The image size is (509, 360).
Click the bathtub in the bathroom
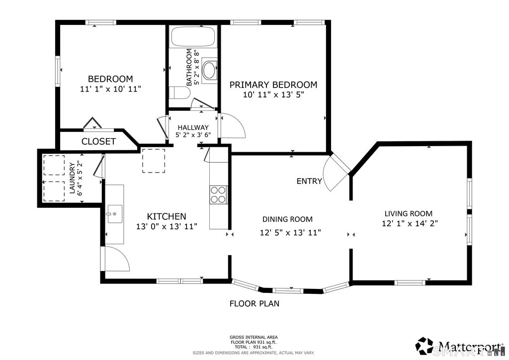coord(193,36)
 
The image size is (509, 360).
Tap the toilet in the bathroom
coord(179,93)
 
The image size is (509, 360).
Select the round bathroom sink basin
coord(209,70)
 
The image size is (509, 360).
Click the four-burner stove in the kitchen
coord(218,194)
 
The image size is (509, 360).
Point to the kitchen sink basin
coord(115,214)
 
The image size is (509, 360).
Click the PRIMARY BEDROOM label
coord(273,85)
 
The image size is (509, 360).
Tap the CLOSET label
coord(98,142)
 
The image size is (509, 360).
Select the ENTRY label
coord(309,181)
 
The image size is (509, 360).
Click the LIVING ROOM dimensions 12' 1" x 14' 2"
coord(410,223)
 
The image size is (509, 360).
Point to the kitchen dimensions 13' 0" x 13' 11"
coord(167,226)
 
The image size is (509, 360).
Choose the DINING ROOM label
coord(287,219)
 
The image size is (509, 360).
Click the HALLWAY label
coord(193,128)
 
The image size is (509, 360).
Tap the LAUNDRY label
coord(73,178)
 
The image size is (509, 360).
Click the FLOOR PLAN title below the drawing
coord(254,303)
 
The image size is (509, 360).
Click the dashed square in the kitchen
coord(154,161)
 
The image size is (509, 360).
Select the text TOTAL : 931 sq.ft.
coord(254,347)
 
